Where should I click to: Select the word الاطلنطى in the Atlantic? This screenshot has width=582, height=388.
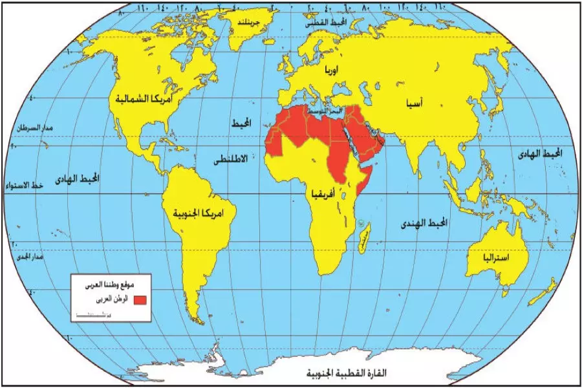pyautogui.click(x=231, y=158)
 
